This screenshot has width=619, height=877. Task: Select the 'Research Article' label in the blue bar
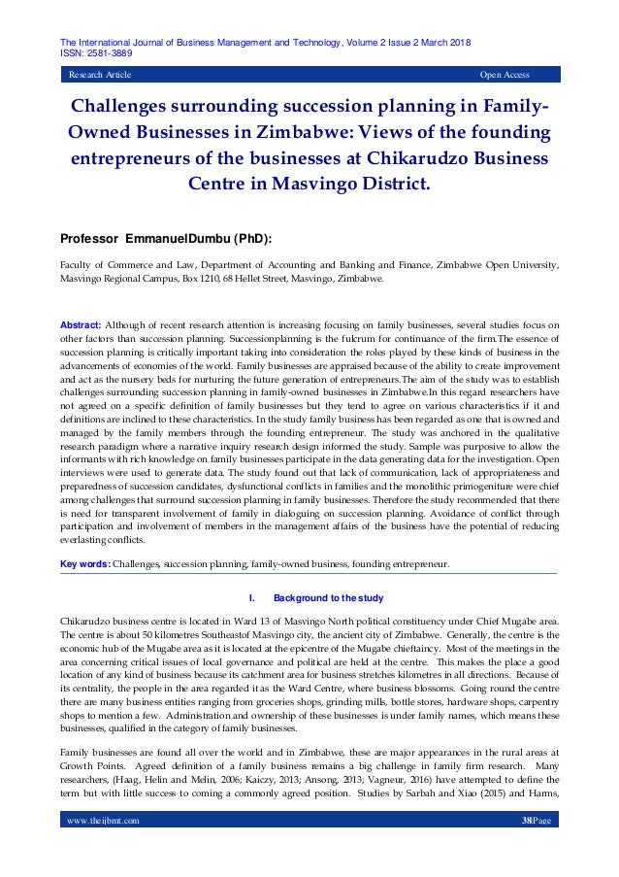point(98,75)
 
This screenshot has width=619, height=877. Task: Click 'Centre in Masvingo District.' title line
point(309,182)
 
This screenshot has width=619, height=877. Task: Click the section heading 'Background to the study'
point(328,598)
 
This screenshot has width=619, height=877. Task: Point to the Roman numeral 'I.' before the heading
point(253,598)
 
